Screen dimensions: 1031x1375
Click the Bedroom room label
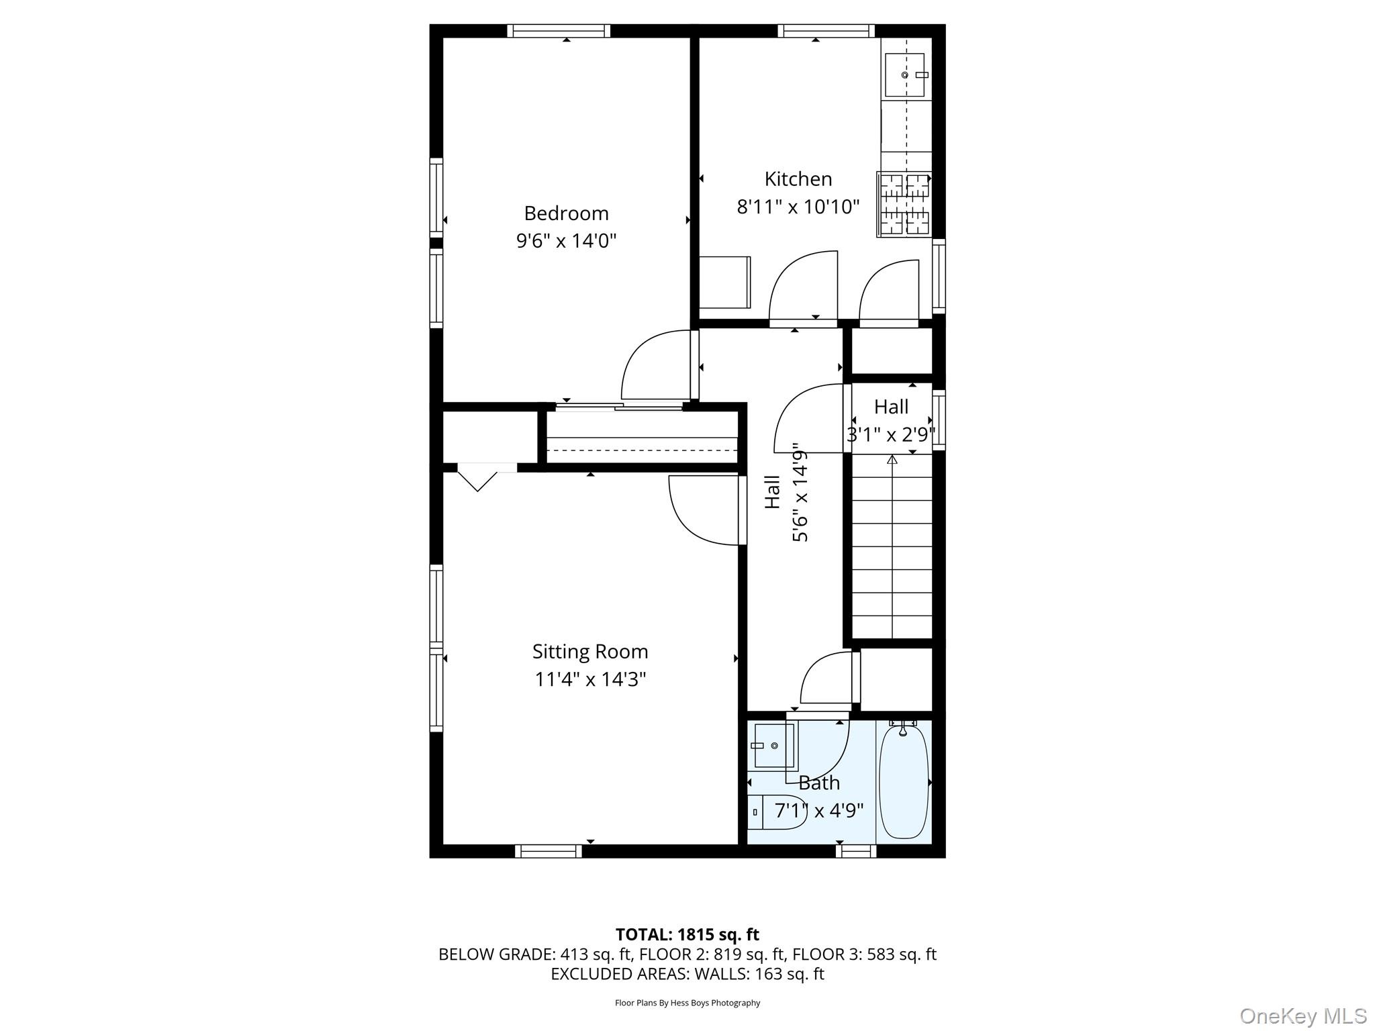tap(566, 213)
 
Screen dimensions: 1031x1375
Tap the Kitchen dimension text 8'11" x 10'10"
tap(798, 207)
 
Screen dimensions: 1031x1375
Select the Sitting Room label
tap(589, 652)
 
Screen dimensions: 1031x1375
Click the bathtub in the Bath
tap(904, 783)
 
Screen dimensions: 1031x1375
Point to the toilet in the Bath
tap(779, 812)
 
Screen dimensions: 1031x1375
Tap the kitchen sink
tap(904, 75)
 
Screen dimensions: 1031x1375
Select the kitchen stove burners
tap(904, 205)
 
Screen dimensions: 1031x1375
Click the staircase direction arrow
tap(892, 460)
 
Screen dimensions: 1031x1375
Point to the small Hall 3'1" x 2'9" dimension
tap(890, 435)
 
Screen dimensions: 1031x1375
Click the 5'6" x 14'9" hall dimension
tap(800, 492)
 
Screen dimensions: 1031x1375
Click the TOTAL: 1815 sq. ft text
tap(687, 934)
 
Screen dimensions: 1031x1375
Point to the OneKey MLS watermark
tap(1302, 1016)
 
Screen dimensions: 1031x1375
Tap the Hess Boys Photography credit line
tap(687, 1003)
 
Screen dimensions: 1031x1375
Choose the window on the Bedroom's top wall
tap(558, 30)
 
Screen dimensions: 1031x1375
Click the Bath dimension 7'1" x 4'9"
tap(818, 811)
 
